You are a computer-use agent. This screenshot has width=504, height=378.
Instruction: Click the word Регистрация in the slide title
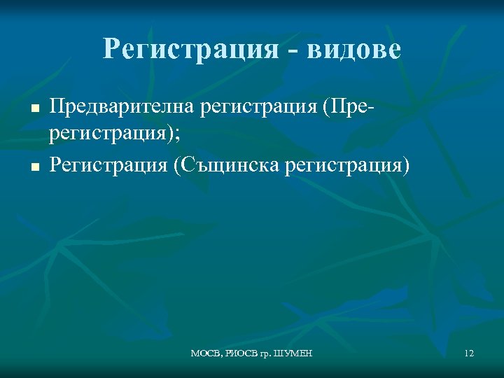[187, 50]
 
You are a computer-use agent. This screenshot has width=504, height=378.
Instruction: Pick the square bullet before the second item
[32, 167]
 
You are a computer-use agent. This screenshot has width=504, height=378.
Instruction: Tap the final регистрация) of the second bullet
[358, 166]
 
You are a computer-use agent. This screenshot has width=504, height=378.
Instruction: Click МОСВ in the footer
[204, 354]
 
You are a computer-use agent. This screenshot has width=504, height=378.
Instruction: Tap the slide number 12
[468, 354]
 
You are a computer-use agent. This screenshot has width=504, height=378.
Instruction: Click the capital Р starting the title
[111, 50]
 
